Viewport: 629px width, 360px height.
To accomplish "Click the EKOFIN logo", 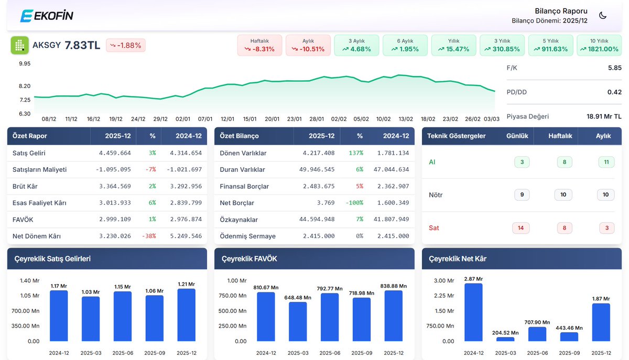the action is pos(47,15).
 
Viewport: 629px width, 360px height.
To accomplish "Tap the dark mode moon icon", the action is pos(603,15).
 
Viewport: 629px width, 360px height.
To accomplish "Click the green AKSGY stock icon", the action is pos(20,45).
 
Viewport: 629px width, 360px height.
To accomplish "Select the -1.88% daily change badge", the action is pos(126,45).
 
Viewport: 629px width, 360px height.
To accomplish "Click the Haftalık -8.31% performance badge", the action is pos(259,45).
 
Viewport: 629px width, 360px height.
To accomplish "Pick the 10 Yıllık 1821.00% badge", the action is pos(599,45).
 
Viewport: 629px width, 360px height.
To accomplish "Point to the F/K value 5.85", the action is pos(615,68).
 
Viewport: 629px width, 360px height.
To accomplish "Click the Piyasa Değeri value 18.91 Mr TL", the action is pos(604,116).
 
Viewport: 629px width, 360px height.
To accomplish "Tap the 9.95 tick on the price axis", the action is pos(25,63).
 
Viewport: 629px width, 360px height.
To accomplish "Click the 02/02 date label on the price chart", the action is pos(339,119).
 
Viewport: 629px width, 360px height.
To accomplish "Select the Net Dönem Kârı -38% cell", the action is pos(149,236).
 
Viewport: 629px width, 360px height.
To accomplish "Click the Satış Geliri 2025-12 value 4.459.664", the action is pos(115,153).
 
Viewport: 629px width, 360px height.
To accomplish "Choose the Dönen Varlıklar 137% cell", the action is pos(356,153).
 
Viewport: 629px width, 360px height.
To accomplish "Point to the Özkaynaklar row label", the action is pos(238,220).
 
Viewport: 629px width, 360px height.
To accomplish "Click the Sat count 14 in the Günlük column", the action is pos(520,228).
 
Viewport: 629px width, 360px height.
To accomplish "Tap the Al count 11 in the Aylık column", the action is pos(606,162).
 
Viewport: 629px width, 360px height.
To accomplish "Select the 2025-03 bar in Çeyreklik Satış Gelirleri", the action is pos(91,319).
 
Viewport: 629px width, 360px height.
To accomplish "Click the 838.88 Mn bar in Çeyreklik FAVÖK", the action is pos(394,315).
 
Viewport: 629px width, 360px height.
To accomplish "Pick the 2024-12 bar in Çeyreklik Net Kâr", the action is pos(473,312).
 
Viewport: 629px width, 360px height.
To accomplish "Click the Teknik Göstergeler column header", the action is pos(456,136).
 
